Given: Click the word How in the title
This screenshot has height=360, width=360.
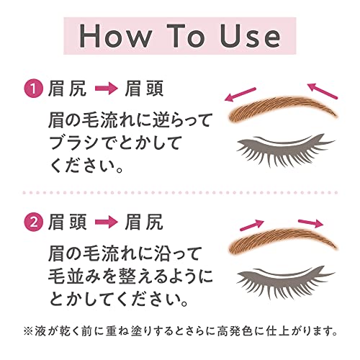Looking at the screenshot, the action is click(x=115, y=36).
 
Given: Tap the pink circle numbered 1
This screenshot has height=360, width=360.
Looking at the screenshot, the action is click(x=34, y=89).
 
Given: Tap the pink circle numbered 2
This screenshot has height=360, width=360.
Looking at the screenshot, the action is click(x=34, y=222).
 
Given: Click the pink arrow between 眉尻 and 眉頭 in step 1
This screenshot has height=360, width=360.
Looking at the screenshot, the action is click(x=107, y=89).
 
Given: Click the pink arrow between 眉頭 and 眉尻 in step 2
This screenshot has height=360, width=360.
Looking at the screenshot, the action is click(x=107, y=222).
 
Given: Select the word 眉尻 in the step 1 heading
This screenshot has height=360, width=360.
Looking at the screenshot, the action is click(x=67, y=89).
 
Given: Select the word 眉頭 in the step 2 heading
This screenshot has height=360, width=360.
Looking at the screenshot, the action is click(x=67, y=222).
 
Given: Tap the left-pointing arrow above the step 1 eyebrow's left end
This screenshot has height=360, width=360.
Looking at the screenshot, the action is click(x=240, y=94).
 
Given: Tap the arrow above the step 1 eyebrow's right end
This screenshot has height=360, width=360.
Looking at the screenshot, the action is click(x=323, y=91).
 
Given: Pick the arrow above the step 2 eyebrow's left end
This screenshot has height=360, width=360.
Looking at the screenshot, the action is click(x=252, y=225).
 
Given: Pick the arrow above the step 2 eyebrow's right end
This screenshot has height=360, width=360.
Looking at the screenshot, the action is click(x=311, y=222).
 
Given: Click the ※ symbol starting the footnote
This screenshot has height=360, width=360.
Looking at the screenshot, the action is click(x=28, y=331).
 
